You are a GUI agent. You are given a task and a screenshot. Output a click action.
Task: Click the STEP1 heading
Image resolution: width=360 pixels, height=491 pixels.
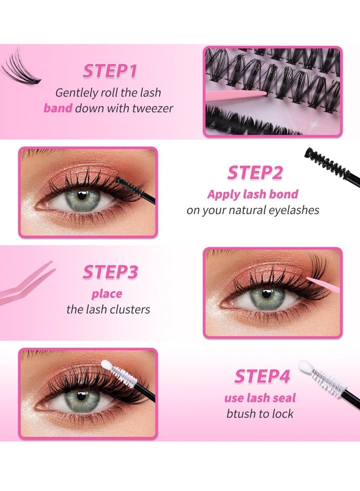click(110, 72)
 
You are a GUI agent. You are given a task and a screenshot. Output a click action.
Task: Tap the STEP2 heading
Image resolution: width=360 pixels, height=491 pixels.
click(255, 173)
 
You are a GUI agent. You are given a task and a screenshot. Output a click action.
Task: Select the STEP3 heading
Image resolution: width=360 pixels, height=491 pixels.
click(110, 273)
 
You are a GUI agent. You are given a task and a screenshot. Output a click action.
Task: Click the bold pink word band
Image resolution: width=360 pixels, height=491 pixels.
click(58, 108)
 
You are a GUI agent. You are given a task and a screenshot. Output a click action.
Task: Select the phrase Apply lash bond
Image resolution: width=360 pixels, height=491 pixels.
click(252, 194)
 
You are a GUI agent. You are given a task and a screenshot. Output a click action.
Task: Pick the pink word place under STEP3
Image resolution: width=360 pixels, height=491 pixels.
click(107, 294)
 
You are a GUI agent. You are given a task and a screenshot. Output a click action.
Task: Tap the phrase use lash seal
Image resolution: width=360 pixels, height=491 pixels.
click(260, 398)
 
